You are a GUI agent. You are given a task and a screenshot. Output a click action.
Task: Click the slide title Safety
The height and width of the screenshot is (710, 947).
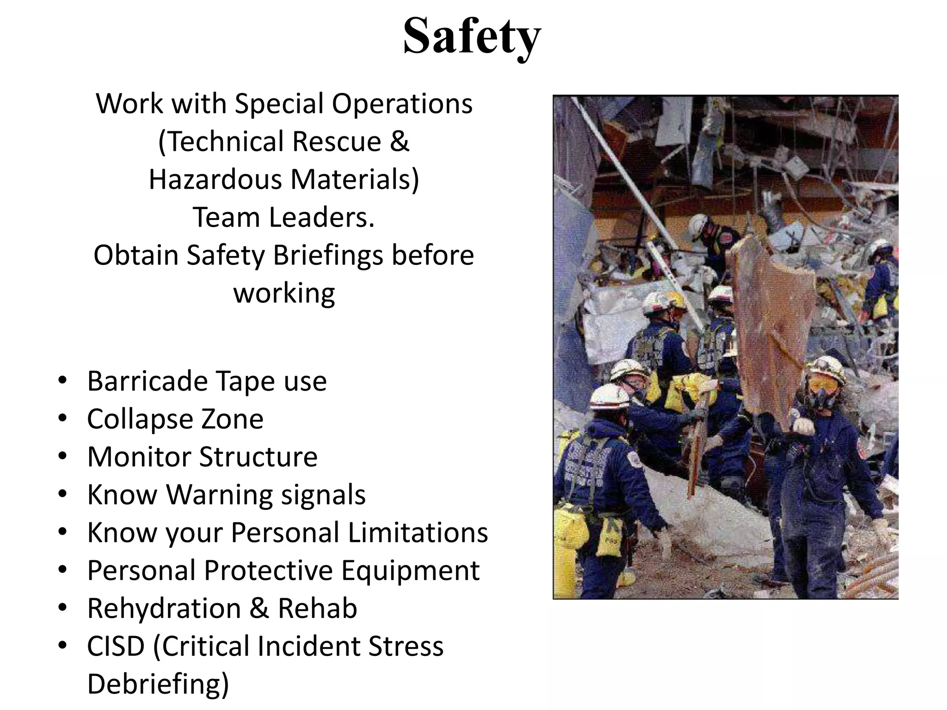coord(472,36)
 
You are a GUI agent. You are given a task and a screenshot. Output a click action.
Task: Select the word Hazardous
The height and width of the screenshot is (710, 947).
coord(215,179)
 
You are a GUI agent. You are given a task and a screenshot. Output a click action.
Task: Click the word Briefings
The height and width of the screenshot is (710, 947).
coord(328,255)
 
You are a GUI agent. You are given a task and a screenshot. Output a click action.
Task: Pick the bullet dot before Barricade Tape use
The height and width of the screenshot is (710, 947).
coord(63,381)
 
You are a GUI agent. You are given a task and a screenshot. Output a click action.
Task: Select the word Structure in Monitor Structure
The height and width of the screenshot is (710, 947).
coord(258,457)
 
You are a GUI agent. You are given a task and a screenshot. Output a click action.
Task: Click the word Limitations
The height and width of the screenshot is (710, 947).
coord(418,532)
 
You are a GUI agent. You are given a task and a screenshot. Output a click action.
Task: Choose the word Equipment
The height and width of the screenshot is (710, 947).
coord(410,570)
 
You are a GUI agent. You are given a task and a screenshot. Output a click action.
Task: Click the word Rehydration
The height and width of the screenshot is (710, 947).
coord(164,608)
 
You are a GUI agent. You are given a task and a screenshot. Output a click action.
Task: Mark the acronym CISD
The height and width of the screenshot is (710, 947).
coord(116,646)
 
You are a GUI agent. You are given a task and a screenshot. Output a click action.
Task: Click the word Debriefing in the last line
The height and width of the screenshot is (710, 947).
coord(157,684)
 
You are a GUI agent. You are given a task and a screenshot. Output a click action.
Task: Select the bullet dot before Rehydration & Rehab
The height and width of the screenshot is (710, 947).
coord(63,608)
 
